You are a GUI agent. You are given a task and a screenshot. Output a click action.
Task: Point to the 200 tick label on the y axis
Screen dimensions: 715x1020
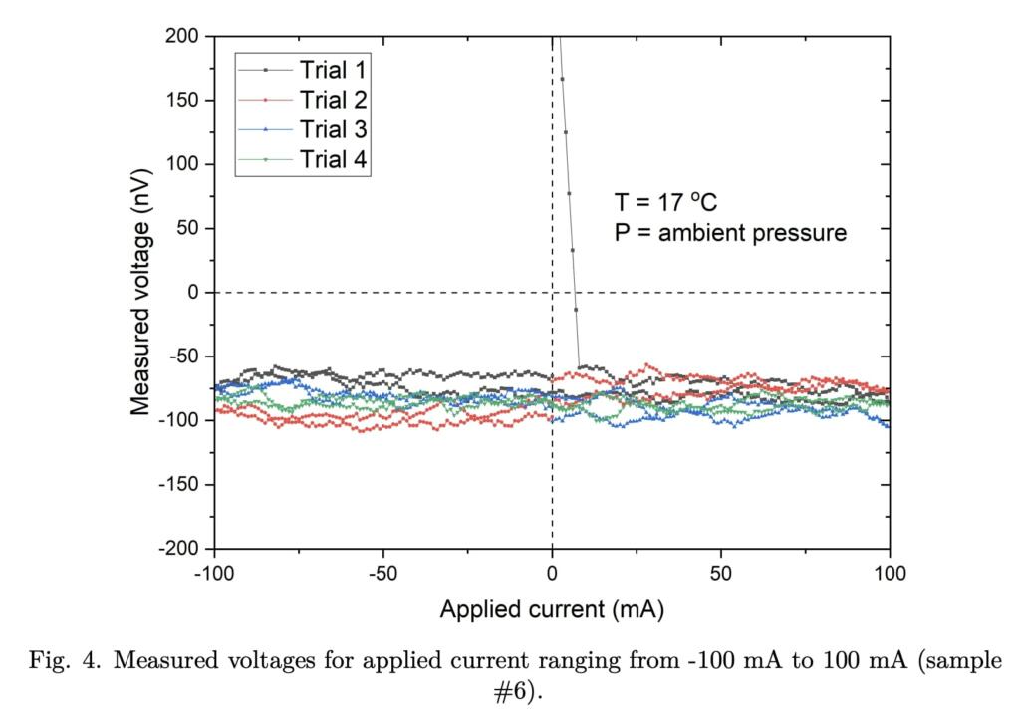click(x=183, y=37)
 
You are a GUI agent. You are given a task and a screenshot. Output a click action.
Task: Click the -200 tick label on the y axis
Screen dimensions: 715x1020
click(x=179, y=549)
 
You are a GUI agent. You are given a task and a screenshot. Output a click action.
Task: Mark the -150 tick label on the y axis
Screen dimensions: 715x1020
click(x=179, y=485)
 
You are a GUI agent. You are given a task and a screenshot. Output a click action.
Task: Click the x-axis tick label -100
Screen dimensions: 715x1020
click(x=213, y=574)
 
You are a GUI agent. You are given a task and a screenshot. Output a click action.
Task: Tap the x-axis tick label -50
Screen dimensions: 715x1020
click(x=382, y=574)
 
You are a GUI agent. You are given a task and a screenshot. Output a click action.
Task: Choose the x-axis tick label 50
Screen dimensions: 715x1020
click(x=721, y=574)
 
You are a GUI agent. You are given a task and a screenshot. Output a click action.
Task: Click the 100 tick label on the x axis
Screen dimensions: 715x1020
click(x=890, y=574)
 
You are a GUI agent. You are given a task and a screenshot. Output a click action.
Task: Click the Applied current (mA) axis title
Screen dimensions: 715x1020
click(x=552, y=608)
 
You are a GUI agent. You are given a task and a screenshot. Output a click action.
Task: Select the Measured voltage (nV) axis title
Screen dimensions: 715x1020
click(x=143, y=292)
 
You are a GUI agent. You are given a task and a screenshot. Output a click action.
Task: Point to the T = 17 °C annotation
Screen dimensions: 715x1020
click(x=665, y=202)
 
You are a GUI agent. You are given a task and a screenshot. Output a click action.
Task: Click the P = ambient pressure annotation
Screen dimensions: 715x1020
click(x=730, y=233)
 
